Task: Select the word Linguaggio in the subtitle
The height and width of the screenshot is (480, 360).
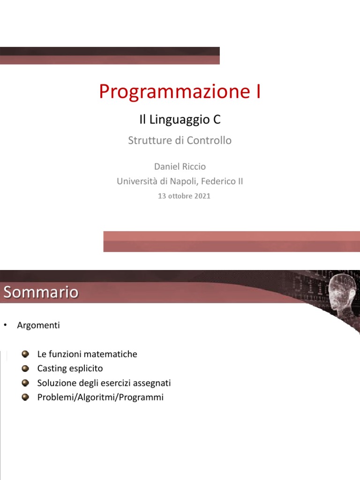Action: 175,120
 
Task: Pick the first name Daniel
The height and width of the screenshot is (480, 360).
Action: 167,166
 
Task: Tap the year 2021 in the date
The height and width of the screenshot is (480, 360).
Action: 202,196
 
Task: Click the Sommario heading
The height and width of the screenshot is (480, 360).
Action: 41,292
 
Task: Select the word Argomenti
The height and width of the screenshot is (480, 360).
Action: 38,325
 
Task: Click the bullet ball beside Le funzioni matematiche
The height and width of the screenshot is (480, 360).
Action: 26,354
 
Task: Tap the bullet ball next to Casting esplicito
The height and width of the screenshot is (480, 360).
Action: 26,368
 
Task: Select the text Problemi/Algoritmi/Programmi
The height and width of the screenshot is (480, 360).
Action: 100,397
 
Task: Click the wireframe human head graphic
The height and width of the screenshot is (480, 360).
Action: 341,295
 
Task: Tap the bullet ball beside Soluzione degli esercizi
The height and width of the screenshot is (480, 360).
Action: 26,383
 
